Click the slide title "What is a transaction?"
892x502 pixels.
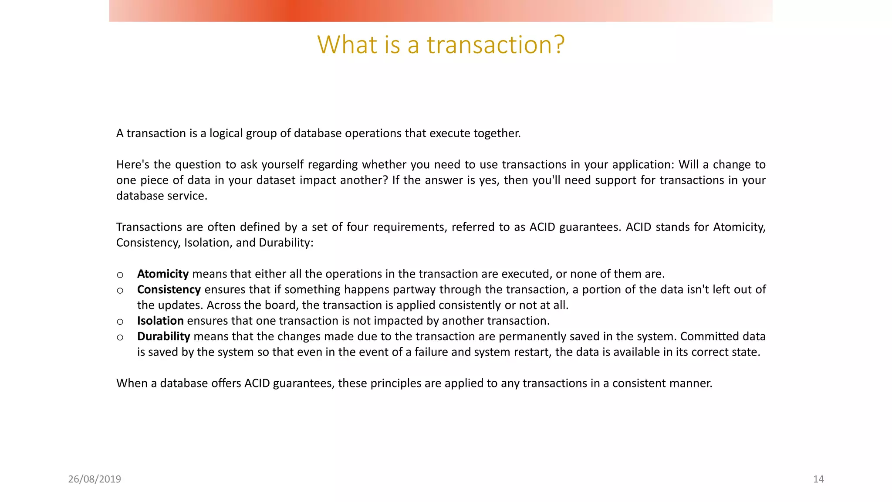click(x=441, y=44)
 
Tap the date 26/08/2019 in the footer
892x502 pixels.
click(x=95, y=479)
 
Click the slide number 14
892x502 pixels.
click(x=818, y=479)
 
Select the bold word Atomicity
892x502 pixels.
click(x=163, y=274)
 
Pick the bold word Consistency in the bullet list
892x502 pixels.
click(x=169, y=290)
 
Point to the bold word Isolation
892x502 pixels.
click(x=160, y=321)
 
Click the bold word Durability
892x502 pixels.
click(x=164, y=337)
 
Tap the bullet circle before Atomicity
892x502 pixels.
click(x=120, y=275)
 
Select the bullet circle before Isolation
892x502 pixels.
click(x=120, y=322)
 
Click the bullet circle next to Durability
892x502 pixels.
click(x=120, y=338)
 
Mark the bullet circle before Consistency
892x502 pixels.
click(x=120, y=291)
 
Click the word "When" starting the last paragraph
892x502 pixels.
click(x=132, y=383)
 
